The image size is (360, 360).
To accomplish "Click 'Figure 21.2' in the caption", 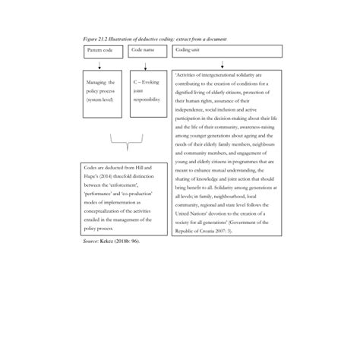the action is pos(96,38).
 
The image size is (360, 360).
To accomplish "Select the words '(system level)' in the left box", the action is pos(100,99).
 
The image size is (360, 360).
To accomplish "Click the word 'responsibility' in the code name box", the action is pos(147,99).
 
